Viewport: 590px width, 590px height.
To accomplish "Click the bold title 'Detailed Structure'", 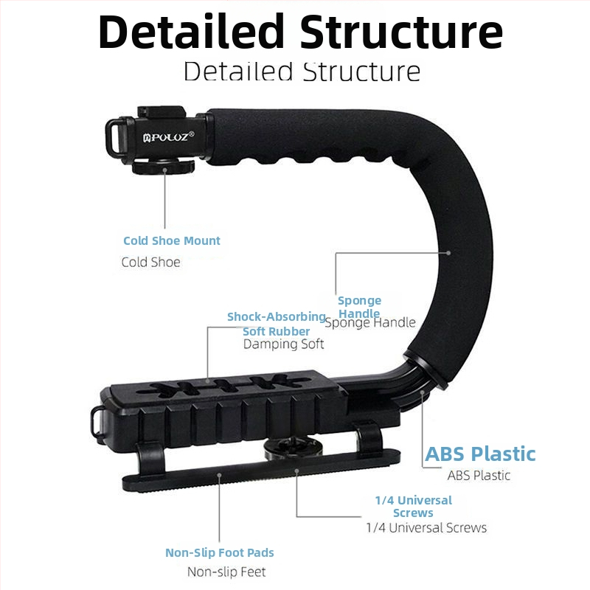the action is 300,32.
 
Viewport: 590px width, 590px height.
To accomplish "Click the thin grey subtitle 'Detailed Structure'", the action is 302,72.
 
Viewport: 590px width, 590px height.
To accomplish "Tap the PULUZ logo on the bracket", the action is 169,136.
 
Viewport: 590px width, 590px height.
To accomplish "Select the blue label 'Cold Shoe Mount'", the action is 172,240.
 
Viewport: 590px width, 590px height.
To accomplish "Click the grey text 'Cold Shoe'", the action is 150,262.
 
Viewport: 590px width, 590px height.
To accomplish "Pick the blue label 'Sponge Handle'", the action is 359,307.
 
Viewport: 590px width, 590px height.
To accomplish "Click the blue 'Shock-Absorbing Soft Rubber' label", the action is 276,324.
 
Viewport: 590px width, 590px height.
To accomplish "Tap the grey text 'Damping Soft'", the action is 283,344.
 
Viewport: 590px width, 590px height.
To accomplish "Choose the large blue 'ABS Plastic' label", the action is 480,454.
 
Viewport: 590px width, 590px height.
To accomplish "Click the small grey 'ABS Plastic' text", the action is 479,475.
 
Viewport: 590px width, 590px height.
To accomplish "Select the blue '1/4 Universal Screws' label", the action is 413,507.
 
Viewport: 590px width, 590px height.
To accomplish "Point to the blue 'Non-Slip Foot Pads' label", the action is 219,552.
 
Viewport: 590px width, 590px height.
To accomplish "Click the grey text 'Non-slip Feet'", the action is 226,572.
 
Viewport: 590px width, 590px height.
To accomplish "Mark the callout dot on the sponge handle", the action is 448,253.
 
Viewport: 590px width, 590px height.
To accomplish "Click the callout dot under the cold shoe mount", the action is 164,170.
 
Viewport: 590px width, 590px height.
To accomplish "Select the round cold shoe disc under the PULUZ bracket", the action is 163,167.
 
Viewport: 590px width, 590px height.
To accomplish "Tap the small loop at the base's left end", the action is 96,420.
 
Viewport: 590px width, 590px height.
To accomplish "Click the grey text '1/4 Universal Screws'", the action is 426,527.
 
